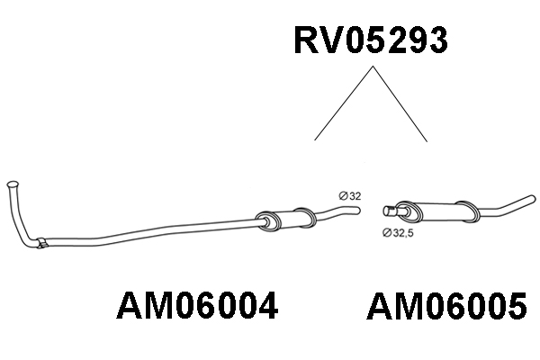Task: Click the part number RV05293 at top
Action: (371, 40)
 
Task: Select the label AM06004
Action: (197, 306)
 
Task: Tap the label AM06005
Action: (446, 306)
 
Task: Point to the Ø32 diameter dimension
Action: (350, 196)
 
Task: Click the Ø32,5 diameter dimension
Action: (398, 233)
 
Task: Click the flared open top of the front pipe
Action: (13, 184)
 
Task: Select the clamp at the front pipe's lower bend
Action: (41, 243)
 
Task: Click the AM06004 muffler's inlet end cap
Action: (268, 221)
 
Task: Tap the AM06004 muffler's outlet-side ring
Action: (304, 218)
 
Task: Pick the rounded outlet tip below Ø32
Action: (357, 210)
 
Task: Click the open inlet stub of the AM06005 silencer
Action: (389, 211)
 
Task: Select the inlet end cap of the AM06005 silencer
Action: (409, 211)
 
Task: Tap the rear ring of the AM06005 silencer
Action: (467, 211)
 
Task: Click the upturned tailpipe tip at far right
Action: (533, 199)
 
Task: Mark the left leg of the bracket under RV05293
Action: (344, 103)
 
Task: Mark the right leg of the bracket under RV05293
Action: (400, 103)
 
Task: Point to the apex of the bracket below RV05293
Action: (373, 66)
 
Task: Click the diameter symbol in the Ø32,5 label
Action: (386, 233)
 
